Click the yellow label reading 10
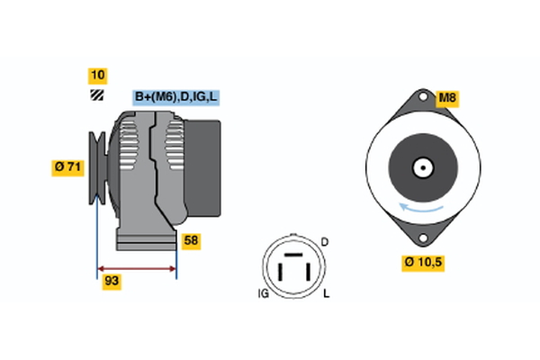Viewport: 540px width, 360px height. pos(97,76)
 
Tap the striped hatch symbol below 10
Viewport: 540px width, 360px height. pos(97,95)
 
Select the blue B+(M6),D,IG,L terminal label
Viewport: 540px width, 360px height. pos(176,97)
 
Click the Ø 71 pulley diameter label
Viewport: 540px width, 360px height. pos(67,167)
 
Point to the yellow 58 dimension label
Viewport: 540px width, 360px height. pos(191,241)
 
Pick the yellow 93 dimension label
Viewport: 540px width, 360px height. pos(112,282)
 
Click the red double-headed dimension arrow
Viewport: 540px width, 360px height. pos(137,269)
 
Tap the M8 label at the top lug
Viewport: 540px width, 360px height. pos(447,98)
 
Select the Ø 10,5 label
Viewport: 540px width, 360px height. pos(423,263)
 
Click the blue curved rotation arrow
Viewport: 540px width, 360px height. pos(421,209)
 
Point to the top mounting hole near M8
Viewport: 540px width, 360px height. pos(423,96)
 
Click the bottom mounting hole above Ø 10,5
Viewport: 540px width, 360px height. pos(423,238)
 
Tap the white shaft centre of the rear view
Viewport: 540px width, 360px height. pos(423,167)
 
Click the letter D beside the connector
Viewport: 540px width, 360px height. pos(324,242)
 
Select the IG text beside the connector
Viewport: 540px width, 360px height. pos(264,293)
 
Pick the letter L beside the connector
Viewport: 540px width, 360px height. pos(326,293)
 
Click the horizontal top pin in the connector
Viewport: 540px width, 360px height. pos(293,255)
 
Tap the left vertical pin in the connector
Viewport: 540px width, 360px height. pos(280,272)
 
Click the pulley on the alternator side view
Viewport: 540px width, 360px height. pos(97,167)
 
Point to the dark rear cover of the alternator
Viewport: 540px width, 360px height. pos(202,168)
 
